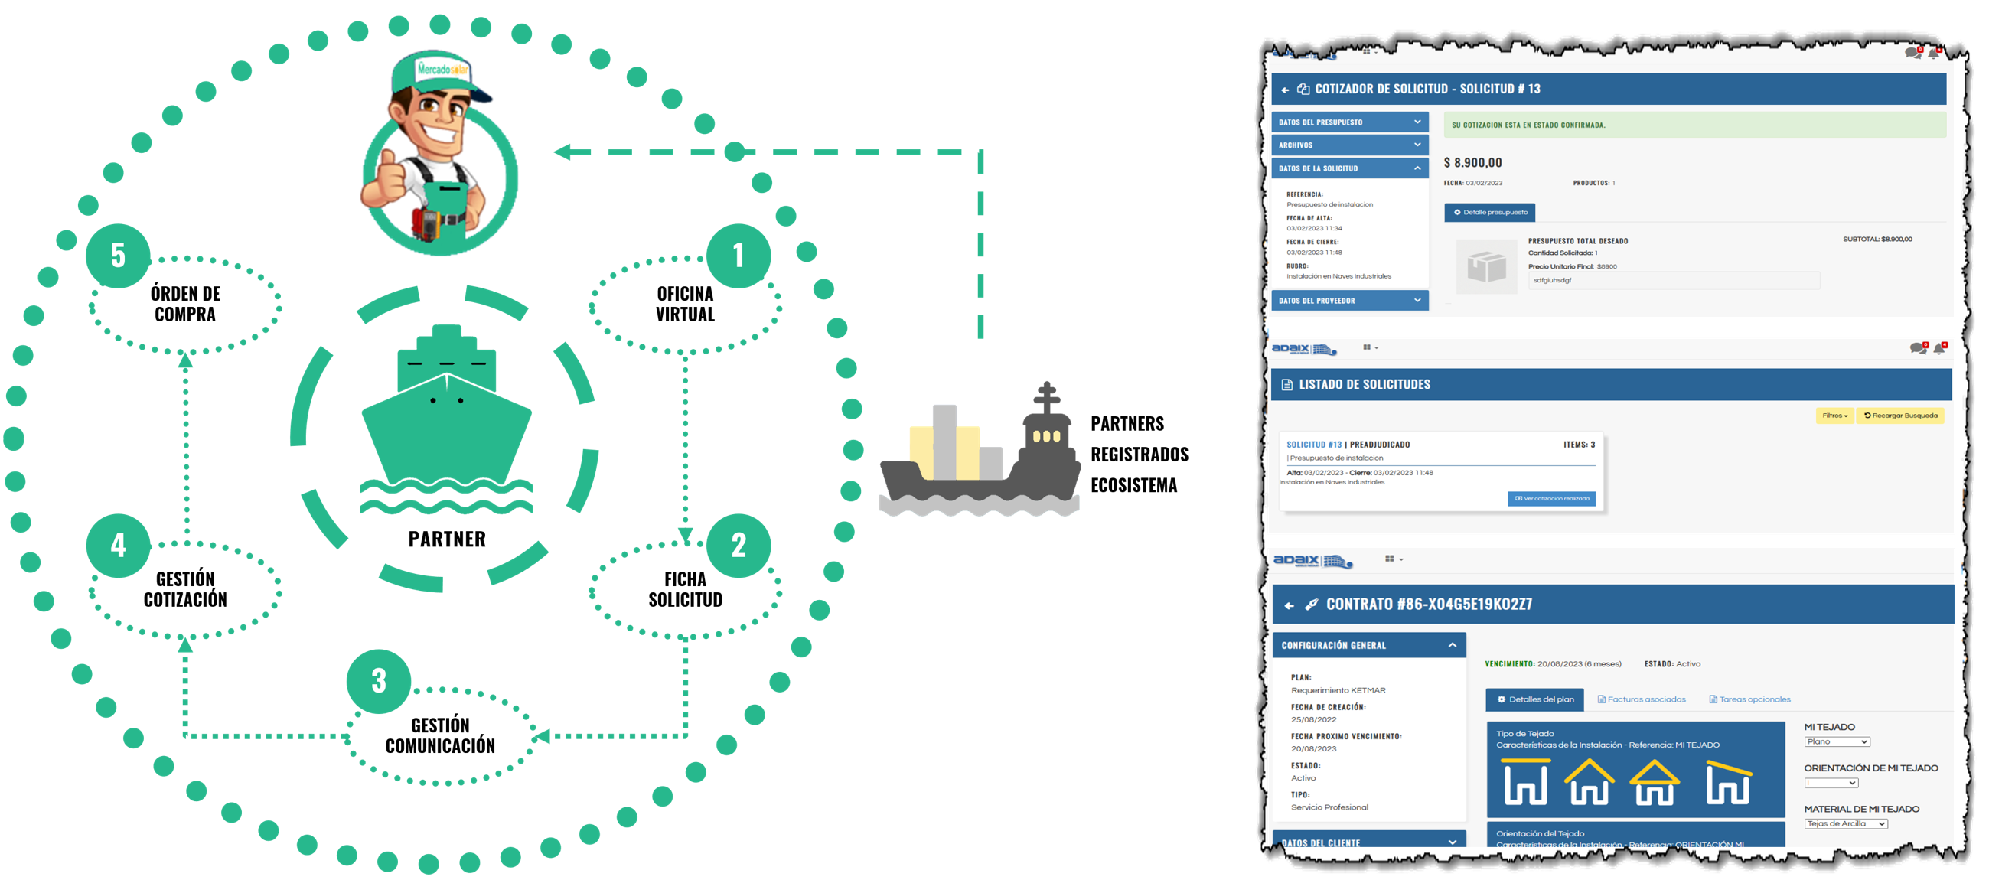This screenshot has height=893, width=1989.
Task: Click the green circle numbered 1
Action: [739, 256]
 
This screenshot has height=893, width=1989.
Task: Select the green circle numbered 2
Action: [739, 546]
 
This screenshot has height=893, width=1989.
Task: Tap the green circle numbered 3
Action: [378, 681]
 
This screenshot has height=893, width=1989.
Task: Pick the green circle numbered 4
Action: [118, 546]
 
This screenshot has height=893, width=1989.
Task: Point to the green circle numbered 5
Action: [118, 256]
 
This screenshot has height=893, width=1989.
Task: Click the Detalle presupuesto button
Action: [1489, 212]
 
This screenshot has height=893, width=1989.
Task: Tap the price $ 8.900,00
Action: [1472, 163]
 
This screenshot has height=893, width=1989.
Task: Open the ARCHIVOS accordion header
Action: [1349, 145]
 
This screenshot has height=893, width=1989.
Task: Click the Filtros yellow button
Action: [1834, 416]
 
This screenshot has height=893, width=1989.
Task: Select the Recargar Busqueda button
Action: [1900, 416]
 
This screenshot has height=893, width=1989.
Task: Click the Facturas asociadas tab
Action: [1642, 699]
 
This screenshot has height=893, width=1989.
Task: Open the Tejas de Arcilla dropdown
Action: [1845, 823]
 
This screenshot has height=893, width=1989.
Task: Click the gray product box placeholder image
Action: [1486, 267]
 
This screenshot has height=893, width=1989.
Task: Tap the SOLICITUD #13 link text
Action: [1313, 445]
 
